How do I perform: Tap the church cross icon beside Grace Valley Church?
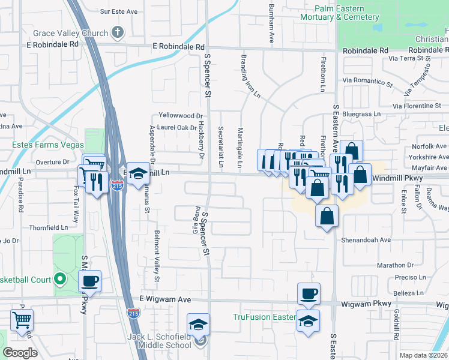(118, 33)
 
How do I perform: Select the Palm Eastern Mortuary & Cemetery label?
(348, 13)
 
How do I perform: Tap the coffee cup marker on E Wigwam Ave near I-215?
(90, 280)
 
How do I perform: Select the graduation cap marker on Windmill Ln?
(139, 173)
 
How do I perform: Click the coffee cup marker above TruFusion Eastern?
(309, 293)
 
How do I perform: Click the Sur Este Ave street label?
(119, 11)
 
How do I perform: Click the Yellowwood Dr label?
(181, 115)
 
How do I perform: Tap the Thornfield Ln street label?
(48, 228)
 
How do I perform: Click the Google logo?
(20, 353)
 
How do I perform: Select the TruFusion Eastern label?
(264, 317)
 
